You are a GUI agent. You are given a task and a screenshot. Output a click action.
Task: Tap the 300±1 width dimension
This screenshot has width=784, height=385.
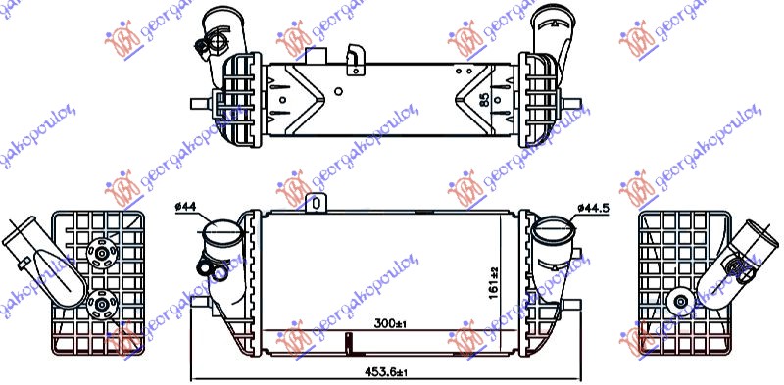click(389, 321)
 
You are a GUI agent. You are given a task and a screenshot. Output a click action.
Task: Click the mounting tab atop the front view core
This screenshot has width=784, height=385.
click(316, 202)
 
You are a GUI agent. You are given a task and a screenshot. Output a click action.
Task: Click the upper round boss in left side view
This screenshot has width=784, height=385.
click(99, 254)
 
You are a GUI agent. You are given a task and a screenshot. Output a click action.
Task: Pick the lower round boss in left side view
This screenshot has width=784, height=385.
click(99, 306)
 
